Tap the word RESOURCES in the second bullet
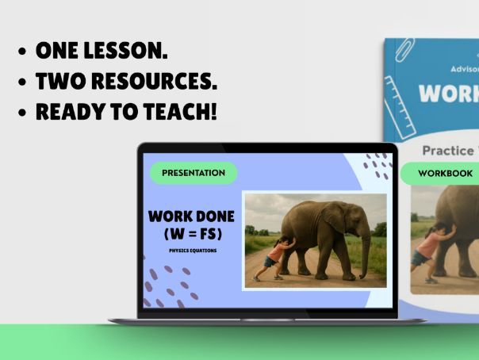click(155, 82)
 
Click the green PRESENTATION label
click(194, 172)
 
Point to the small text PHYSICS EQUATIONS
click(192, 251)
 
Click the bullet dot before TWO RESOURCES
click(23, 82)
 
